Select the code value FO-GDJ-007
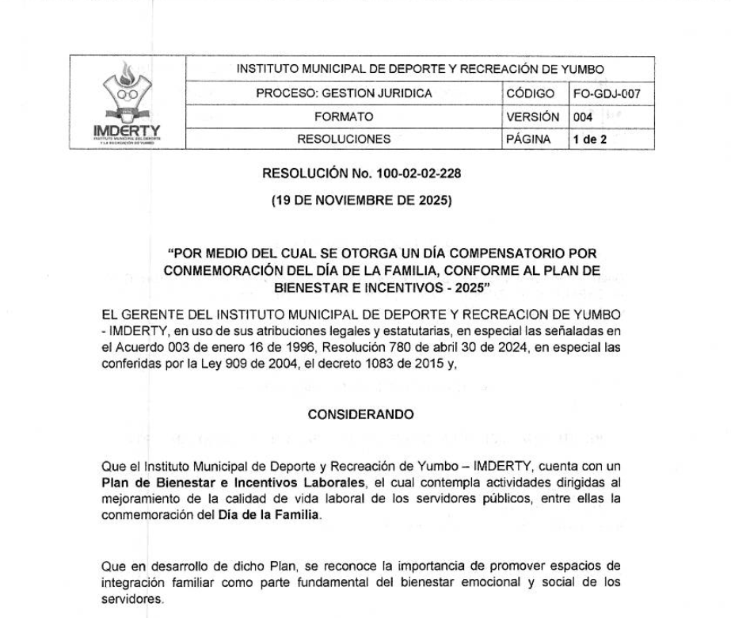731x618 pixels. coord(607,93)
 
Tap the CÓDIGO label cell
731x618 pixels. coord(535,93)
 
